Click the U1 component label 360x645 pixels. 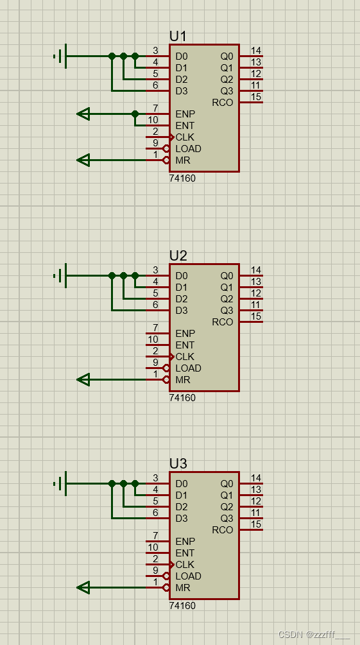(178, 36)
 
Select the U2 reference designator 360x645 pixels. (178, 255)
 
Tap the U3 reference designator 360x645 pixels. (178, 463)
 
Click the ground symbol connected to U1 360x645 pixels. (60, 56)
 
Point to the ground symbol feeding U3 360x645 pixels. (60, 484)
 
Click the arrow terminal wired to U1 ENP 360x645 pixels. (83, 114)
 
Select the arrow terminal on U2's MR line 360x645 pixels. (83, 380)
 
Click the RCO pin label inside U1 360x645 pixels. (222, 103)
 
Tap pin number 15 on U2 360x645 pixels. (256, 316)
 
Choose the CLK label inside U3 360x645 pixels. (185, 565)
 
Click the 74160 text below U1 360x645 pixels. (182, 178)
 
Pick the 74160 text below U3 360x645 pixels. (182, 606)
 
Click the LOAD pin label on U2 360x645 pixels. (188, 368)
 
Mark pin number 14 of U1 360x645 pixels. (256, 51)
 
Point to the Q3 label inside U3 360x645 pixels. (227, 519)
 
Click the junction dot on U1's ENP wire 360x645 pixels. (135, 114)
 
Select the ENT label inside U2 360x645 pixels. (185, 345)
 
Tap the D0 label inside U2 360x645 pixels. (182, 276)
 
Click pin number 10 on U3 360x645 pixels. (153, 547)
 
